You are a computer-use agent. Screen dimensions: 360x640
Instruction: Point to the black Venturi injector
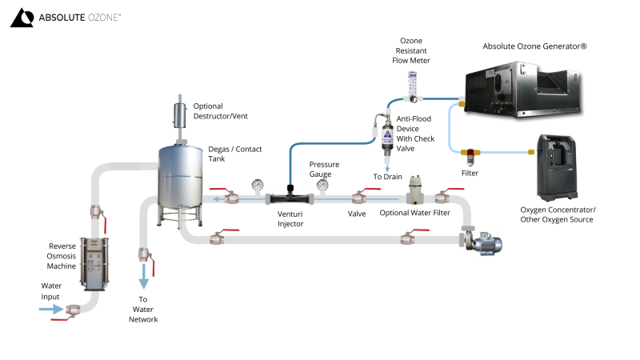click(290, 195)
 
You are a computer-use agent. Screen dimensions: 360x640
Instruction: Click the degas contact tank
click(179, 180)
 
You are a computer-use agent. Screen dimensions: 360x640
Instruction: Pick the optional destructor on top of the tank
click(178, 118)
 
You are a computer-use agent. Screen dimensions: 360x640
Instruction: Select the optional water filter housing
click(415, 191)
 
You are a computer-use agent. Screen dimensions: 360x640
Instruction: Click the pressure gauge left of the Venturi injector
click(257, 186)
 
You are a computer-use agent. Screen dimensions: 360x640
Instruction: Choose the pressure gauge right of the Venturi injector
click(323, 185)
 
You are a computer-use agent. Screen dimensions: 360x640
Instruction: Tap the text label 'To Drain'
click(388, 176)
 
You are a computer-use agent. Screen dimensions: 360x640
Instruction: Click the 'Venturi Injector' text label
click(290, 218)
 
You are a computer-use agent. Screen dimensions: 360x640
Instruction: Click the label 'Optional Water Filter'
click(414, 214)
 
